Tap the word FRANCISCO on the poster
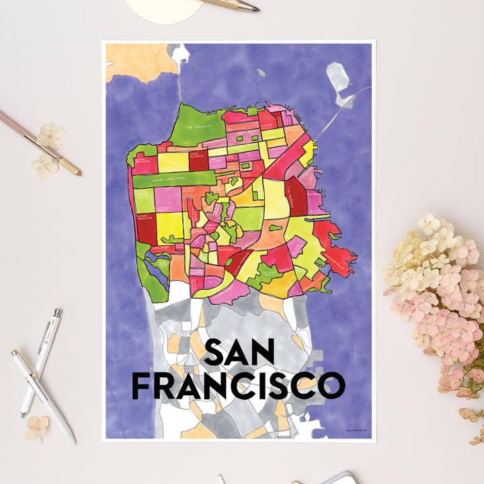(237, 385)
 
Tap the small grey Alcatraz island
(260, 73)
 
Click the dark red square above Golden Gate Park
(198, 162)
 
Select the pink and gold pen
(40, 141)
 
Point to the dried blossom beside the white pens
(37, 427)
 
